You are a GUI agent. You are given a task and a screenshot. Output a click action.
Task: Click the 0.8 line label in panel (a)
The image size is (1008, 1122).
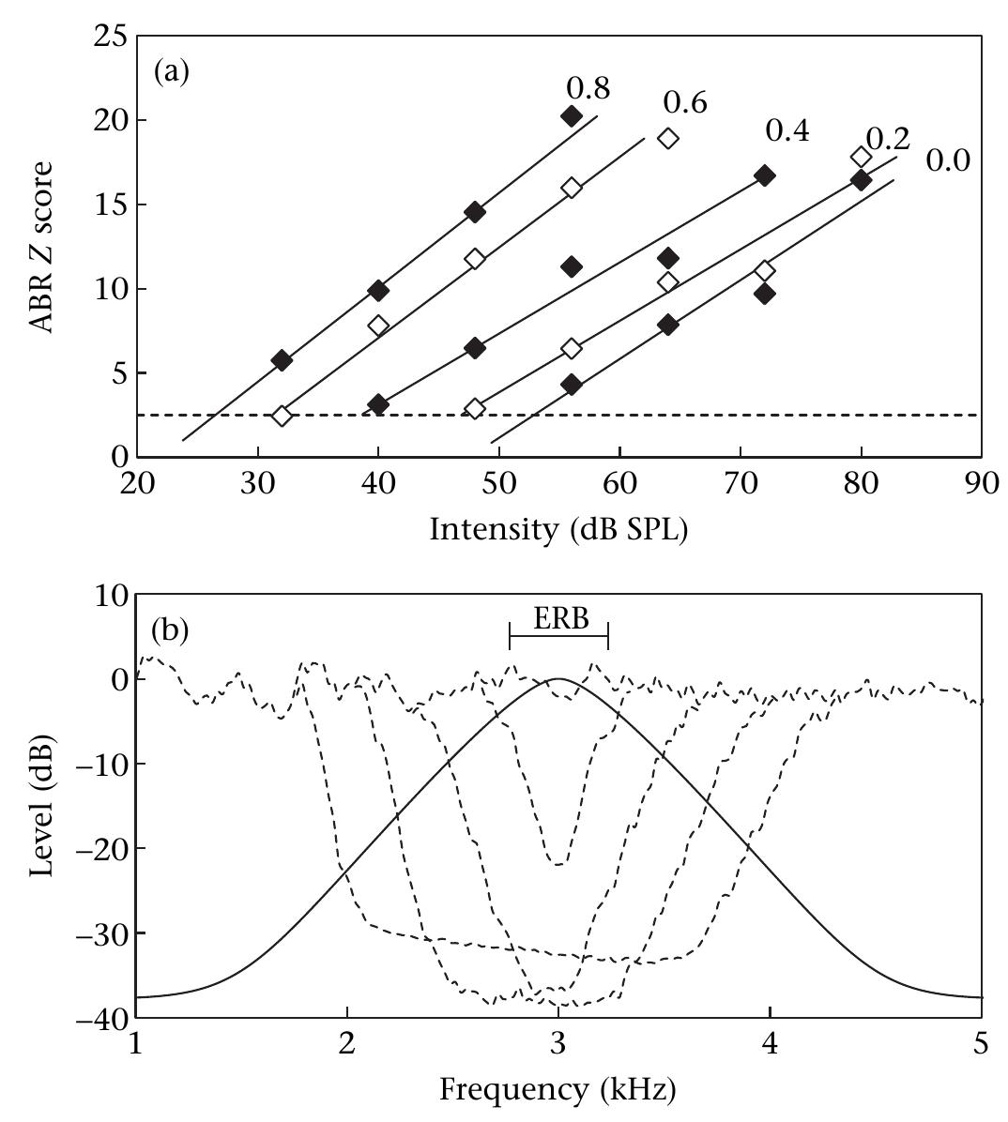[588, 88]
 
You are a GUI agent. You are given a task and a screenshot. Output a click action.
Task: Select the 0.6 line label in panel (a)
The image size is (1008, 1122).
[685, 101]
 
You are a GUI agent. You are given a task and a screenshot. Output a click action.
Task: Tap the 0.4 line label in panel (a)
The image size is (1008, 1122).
[787, 131]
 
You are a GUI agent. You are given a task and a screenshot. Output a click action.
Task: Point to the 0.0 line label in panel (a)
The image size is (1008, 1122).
[948, 160]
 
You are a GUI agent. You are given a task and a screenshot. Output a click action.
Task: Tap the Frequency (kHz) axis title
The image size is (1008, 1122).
[558, 1090]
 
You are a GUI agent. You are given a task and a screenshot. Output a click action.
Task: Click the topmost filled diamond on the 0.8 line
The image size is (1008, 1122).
[571, 116]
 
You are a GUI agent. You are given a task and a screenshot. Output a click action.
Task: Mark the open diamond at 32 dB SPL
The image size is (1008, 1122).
[282, 416]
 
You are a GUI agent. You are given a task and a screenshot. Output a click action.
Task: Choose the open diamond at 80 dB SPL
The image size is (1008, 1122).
[861, 157]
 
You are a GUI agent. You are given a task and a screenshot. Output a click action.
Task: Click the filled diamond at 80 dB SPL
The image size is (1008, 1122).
[861, 180]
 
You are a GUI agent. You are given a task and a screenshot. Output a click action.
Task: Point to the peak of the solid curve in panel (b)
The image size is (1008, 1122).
[559, 678]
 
